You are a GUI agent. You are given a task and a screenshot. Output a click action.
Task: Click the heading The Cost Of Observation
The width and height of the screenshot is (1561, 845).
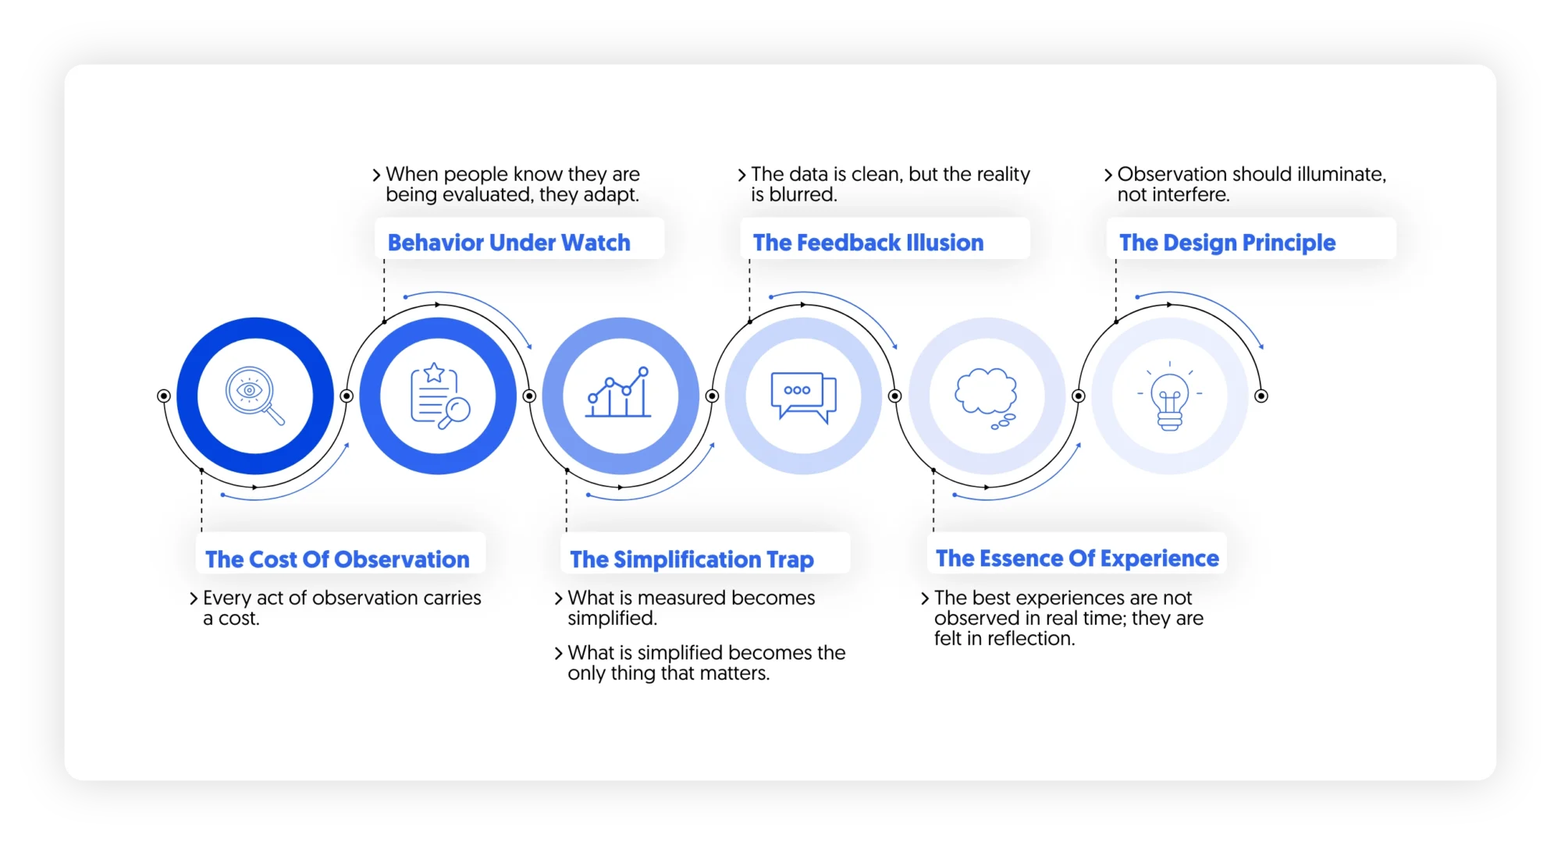pyautogui.click(x=337, y=559)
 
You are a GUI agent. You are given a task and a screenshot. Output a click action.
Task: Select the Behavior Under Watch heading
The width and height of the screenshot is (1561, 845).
pyautogui.click(x=509, y=243)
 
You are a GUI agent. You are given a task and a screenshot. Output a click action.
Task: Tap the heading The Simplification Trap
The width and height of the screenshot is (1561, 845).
pyautogui.click(x=692, y=559)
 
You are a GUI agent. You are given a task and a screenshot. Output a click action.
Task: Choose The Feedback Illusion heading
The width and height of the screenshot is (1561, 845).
pyautogui.click(x=868, y=243)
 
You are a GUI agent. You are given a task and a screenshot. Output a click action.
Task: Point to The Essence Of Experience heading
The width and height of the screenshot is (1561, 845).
pyautogui.click(x=1077, y=558)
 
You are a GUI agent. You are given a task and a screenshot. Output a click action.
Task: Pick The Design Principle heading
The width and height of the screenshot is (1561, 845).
pyautogui.click(x=1227, y=243)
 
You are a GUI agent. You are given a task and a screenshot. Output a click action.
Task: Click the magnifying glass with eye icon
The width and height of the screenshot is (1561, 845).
pyautogui.click(x=254, y=396)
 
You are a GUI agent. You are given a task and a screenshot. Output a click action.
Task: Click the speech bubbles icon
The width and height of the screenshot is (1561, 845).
pyautogui.click(x=803, y=396)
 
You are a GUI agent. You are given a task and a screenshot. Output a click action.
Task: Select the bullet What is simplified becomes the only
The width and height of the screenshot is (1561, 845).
pyautogui.click(x=706, y=662)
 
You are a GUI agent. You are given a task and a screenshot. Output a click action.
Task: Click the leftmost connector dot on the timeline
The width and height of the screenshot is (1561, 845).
pyautogui.click(x=164, y=396)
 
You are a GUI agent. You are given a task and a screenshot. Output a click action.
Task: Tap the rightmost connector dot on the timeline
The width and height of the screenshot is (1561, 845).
pyautogui.click(x=1261, y=396)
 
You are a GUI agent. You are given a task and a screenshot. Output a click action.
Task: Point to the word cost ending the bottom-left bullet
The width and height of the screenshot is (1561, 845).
pyautogui.click(x=238, y=619)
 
